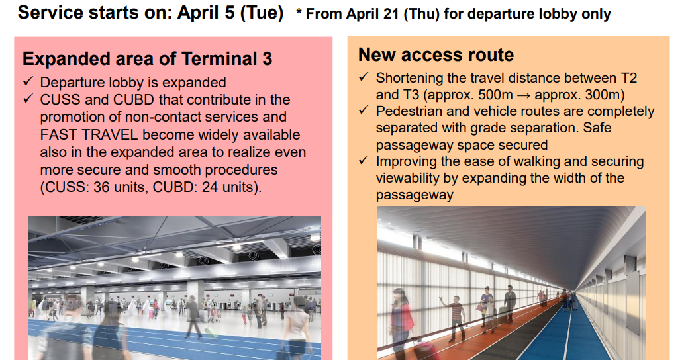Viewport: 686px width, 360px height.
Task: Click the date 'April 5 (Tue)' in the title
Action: click(x=230, y=13)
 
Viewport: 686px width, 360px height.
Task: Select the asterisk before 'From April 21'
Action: click(x=299, y=13)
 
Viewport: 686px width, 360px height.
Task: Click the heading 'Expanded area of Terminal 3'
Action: click(x=147, y=59)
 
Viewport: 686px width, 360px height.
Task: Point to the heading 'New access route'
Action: click(x=436, y=55)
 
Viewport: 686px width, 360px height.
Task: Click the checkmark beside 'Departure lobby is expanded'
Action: click(x=28, y=82)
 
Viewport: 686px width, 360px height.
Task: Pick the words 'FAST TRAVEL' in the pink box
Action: click(x=81, y=135)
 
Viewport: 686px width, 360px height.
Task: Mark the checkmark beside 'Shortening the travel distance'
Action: click(x=364, y=77)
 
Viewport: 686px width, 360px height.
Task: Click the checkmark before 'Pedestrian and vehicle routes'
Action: click(x=364, y=111)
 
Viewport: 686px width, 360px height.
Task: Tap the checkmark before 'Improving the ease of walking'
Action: click(x=364, y=161)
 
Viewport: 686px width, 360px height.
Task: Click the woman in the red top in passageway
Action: click(x=487, y=306)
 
